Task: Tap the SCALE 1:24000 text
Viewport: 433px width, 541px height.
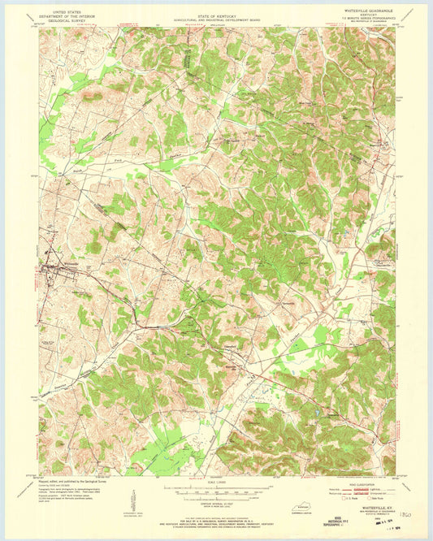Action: tap(216, 480)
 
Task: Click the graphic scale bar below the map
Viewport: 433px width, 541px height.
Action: tap(216, 490)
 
